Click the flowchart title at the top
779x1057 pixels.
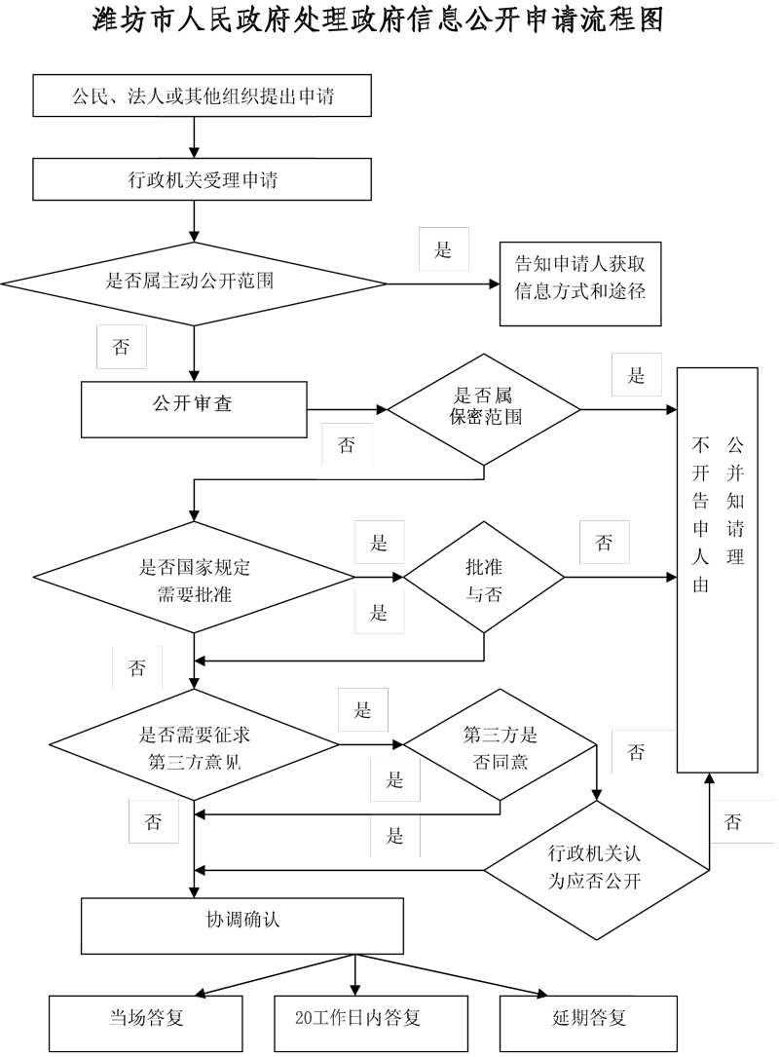[389, 21]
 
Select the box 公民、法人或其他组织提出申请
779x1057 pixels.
[204, 95]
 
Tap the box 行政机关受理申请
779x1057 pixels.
[204, 179]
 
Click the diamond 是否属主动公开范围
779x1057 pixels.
[195, 283]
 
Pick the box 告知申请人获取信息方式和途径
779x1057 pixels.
[579, 283]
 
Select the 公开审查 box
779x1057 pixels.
[194, 408]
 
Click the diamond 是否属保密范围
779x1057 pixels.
[484, 408]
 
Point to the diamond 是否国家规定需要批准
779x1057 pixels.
[195, 578]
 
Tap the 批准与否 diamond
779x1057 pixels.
[484, 578]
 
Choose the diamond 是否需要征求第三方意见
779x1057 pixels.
[195, 747]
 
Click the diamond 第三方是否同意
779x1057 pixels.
[500, 747]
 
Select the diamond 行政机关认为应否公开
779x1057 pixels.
[596, 867]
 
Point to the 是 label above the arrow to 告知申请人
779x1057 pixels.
[443, 250]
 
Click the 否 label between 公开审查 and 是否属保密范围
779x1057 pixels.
[346, 445]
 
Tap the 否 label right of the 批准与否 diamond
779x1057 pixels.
[605, 543]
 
